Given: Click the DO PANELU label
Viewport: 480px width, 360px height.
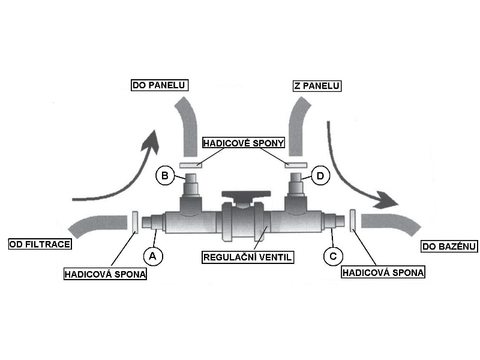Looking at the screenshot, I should tap(159, 86).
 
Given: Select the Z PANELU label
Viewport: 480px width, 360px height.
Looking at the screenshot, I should tap(316, 86).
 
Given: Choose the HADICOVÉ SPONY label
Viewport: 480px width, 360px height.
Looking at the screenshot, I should tap(243, 143).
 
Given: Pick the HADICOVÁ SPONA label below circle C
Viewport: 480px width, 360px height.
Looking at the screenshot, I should tap(383, 272).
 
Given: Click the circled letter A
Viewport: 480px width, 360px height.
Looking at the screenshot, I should tap(152, 256).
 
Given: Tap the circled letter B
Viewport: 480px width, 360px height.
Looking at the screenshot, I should tap(164, 176).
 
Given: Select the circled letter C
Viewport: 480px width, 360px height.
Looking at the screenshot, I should tap(333, 256).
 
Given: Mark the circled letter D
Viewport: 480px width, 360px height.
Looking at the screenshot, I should tap(321, 176).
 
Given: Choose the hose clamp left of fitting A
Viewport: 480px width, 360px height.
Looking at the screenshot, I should tap(136, 221).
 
